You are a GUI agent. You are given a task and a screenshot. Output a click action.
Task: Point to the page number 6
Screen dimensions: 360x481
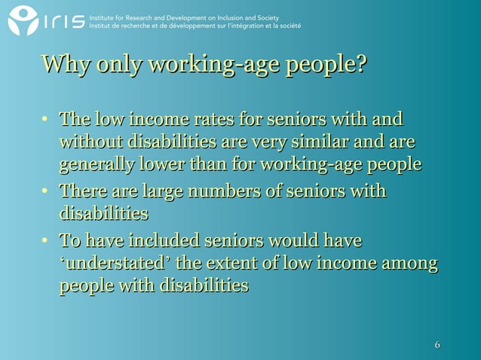pyautogui.click(x=437, y=346)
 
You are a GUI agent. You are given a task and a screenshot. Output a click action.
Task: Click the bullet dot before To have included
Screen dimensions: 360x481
pyautogui.click(x=46, y=242)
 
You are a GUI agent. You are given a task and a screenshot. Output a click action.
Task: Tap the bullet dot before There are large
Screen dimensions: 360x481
pyautogui.click(x=46, y=192)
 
